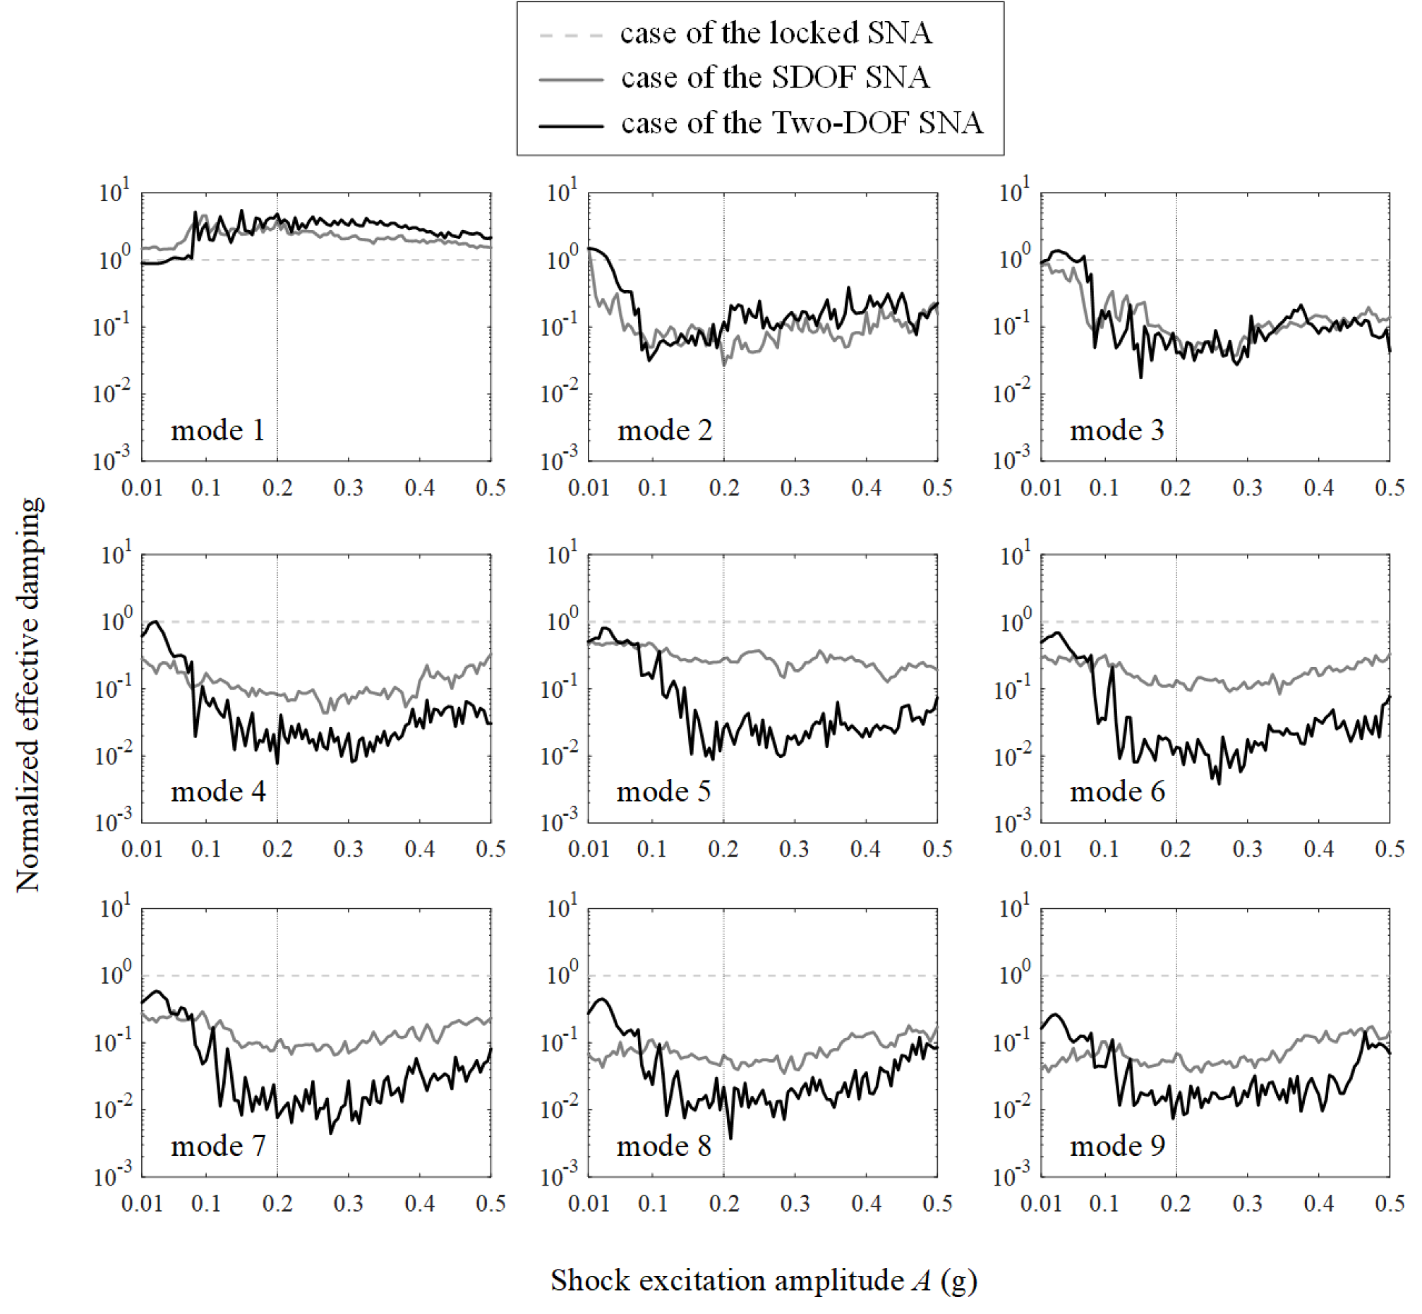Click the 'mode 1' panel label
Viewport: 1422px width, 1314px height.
point(217,430)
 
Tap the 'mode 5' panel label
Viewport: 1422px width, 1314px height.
point(663,791)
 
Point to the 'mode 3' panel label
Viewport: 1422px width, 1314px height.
point(1117,430)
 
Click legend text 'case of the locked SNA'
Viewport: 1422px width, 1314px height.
point(775,33)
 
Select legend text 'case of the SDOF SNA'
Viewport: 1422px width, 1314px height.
point(775,78)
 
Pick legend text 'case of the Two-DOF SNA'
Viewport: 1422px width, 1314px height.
point(801,123)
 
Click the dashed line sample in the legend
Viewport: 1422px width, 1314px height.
point(571,35)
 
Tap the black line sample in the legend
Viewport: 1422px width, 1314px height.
point(571,125)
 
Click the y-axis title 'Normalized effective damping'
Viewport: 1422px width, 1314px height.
point(29,694)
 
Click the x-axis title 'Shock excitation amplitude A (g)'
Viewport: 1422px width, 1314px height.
point(764,1280)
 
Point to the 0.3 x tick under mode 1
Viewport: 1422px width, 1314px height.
point(349,488)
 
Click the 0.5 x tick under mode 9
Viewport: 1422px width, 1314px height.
point(1390,1203)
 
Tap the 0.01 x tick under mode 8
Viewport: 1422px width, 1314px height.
point(589,1203)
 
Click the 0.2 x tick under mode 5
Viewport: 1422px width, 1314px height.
point(723,849)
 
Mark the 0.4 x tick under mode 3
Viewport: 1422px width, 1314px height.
point(1318,488)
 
